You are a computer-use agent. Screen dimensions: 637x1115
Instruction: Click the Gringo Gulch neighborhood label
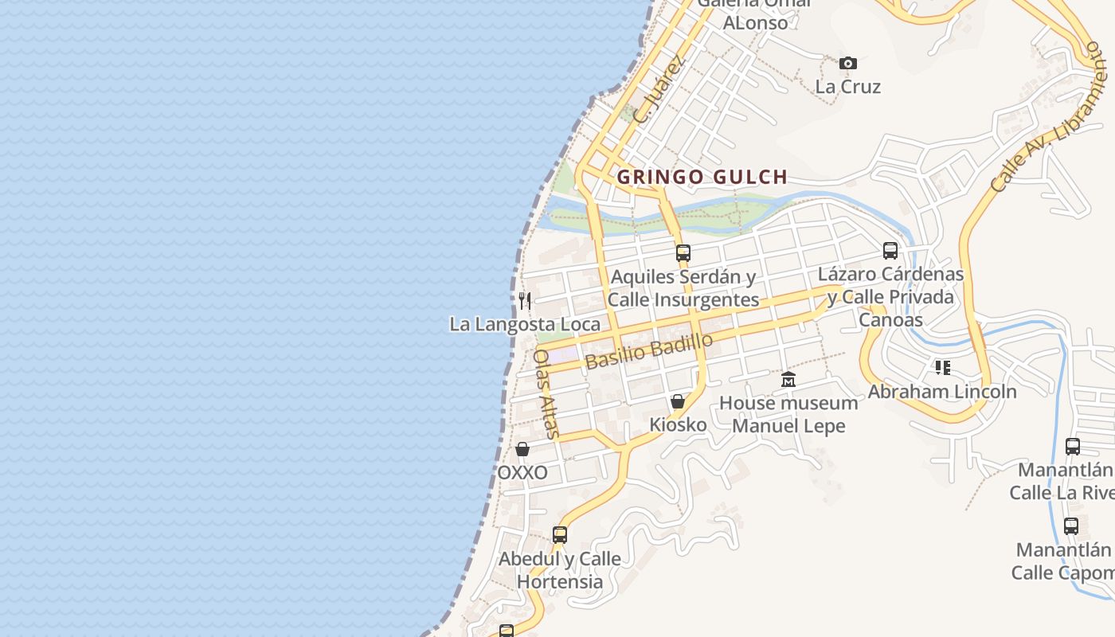(x=702, y=177)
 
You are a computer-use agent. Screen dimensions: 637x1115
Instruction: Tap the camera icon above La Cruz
(x=848, y=63)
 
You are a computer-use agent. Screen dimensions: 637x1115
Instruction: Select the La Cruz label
(x=848, y=86)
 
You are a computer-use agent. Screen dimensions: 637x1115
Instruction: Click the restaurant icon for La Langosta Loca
(x=525, y=300)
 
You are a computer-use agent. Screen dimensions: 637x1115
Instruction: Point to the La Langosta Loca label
(x=525, y=324)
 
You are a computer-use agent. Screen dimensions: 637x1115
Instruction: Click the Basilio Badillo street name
(x=648, y=351)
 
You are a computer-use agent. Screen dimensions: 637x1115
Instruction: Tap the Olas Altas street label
(x=546, y=394)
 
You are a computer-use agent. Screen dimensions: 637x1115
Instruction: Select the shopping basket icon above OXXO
(x=522, y=450)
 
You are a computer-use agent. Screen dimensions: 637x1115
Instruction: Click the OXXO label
(x=522, y=473)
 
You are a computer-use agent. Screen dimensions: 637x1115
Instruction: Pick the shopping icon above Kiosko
(x=678, y=401)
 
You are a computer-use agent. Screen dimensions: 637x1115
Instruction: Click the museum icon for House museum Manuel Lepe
(x=788, y=379)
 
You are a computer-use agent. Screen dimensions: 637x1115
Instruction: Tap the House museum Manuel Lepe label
(x=788, y=414)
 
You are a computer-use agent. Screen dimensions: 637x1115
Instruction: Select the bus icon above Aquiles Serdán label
(x=683, y=253)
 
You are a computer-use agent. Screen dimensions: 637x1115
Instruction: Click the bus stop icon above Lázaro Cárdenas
(x=890, y=251)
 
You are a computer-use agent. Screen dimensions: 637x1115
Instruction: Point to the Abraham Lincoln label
(x=942, y=392)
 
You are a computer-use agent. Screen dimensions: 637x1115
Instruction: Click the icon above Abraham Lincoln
(x=943, y=368)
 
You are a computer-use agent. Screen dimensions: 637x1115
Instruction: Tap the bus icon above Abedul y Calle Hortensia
(x=560, y=535)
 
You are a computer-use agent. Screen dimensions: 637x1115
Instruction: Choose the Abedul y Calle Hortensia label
(x=560, y=570)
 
